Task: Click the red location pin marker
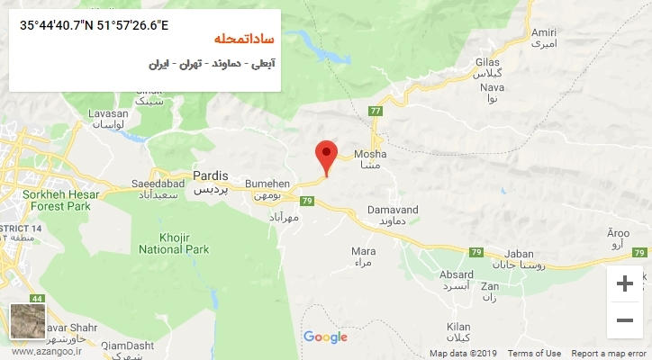click(327, 156)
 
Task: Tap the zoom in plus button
click(624, 284)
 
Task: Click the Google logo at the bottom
click(325, 337)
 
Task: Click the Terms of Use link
click(534, 354)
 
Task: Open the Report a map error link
click(610, 354)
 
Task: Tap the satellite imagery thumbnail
click(26, 321)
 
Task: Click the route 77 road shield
click(375, 111)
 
